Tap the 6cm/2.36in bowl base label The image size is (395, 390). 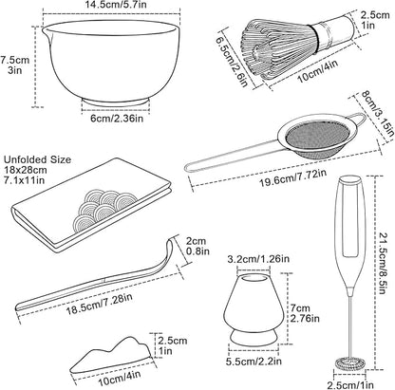pyautogui.click(x=117, y=119)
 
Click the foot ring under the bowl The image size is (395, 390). pyautogui.click(x=116, y=102)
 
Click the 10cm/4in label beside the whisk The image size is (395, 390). pyautogui.click(x=317, y=71)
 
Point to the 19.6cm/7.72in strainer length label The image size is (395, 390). pyautogui.click(x=292, y=178)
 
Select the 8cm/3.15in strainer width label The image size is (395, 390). pyautogui.click(x=378, y=115)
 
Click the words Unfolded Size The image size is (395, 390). pyautogui.click(x=37, y=159)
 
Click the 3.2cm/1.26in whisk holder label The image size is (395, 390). pyautogui.click(x=258, y=259)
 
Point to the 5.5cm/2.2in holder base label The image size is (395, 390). pyautogui.click(x=254, y=361)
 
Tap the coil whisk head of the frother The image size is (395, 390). pyautogui.click(x=350, y=362)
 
